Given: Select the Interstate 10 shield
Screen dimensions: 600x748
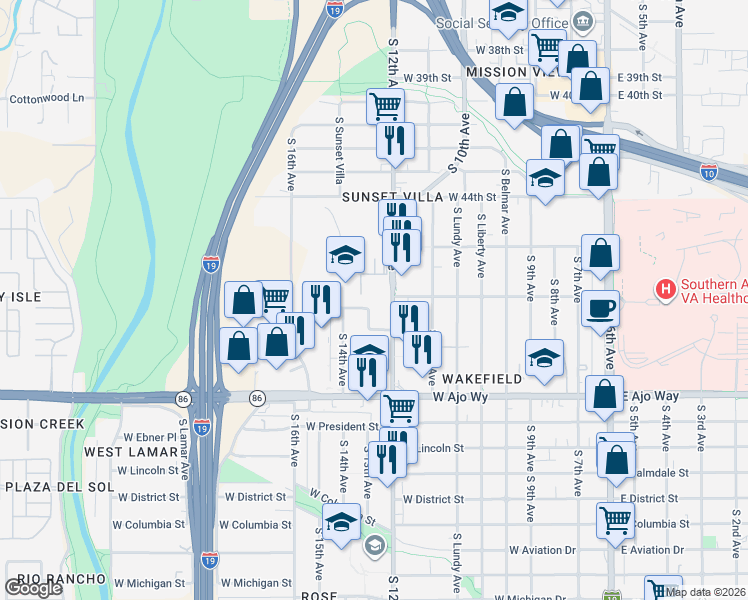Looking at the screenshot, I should point(709,172).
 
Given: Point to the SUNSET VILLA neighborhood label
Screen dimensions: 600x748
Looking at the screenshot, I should point(392,197).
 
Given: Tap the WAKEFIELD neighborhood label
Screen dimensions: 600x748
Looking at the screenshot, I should point(482,379).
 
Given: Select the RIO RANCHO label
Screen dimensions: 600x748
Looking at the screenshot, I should point(62,579).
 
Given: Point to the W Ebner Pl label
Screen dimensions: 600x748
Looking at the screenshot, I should point(149,437).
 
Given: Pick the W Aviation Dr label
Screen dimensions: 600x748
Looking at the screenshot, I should point(542,550).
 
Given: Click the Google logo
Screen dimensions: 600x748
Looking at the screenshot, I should point(33,588).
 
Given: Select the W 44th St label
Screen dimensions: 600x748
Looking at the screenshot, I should point(472,197).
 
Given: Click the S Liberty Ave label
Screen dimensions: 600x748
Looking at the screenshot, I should point(481,244).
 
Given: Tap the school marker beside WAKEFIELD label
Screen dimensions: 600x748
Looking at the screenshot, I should point(544,359).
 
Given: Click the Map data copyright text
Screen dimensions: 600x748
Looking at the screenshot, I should point(703,591).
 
